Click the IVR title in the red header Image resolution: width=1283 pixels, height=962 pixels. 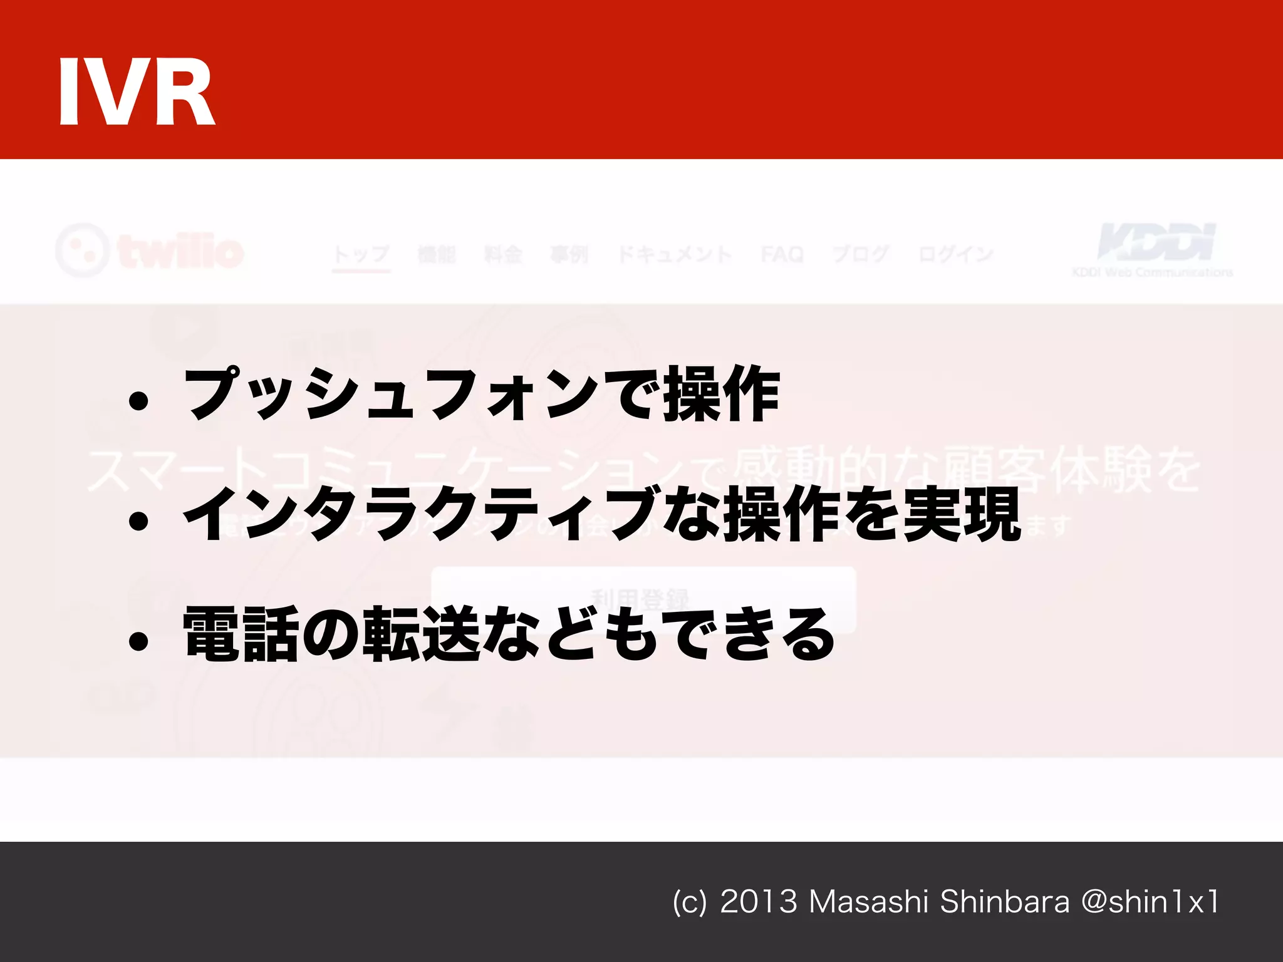coord(137,93)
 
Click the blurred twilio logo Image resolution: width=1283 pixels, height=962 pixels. coord(150,251)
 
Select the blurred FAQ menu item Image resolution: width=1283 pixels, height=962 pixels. coord(782,254)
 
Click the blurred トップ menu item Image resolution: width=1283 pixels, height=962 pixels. coord(361,254)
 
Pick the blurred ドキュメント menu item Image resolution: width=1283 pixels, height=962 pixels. coord(674,254)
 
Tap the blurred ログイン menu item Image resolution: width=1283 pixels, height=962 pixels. coord(955,254)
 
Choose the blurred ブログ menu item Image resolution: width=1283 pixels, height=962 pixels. coord(861,254)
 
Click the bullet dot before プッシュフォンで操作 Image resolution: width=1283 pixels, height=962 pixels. coord(138,401)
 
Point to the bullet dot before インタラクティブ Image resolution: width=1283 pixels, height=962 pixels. coord(138,521)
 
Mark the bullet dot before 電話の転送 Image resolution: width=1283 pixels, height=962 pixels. coord(138,641)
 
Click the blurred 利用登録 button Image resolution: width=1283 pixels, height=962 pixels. coord(643,599)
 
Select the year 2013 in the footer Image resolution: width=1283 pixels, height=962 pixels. coord(759,902)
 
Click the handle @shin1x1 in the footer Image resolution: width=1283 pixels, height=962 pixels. coord(1150,902)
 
